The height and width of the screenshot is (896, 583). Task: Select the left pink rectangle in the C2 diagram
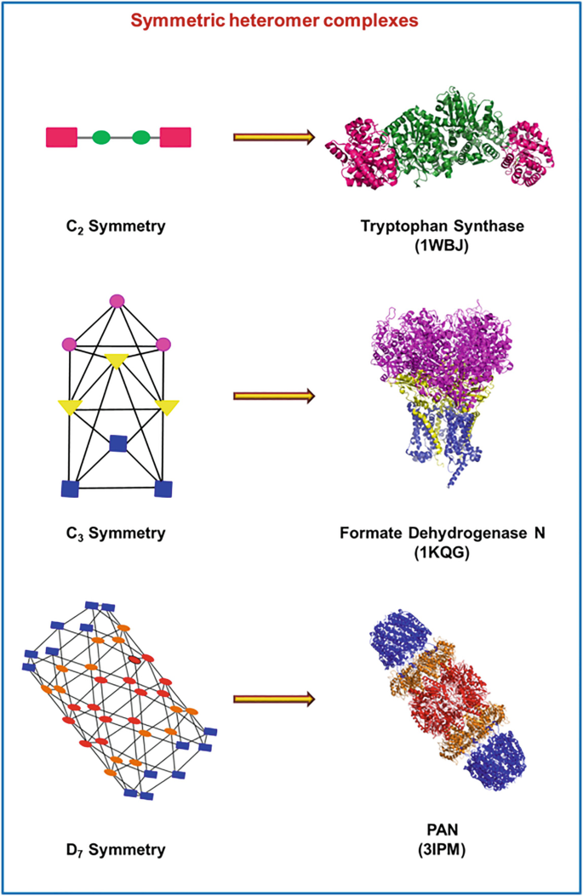coord(62,136)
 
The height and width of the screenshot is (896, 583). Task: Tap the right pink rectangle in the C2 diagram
coord(174,136)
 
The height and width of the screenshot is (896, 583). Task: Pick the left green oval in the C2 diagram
coord(101,136)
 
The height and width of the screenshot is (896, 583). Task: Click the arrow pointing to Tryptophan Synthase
coord(273,136)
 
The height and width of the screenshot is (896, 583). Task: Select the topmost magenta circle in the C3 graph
coord(117,300)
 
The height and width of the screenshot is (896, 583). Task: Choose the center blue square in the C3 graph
coord(118,443)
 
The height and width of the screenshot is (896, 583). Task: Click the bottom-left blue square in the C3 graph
coord(70,488)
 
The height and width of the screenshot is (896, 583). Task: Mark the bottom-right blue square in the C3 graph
coord(164,488)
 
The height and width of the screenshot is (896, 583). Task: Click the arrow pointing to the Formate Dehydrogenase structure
coord(273,396)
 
